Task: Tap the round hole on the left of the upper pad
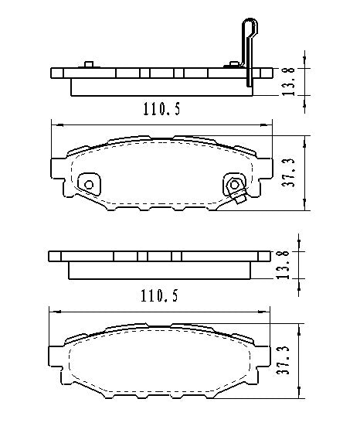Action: tap(89, 185)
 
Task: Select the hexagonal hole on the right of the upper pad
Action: tap(233, 184)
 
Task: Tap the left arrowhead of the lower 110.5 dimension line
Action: tap(53, 312)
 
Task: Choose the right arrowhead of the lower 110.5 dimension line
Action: tap(270, 312)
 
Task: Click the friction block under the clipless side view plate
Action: tap(160, 270)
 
